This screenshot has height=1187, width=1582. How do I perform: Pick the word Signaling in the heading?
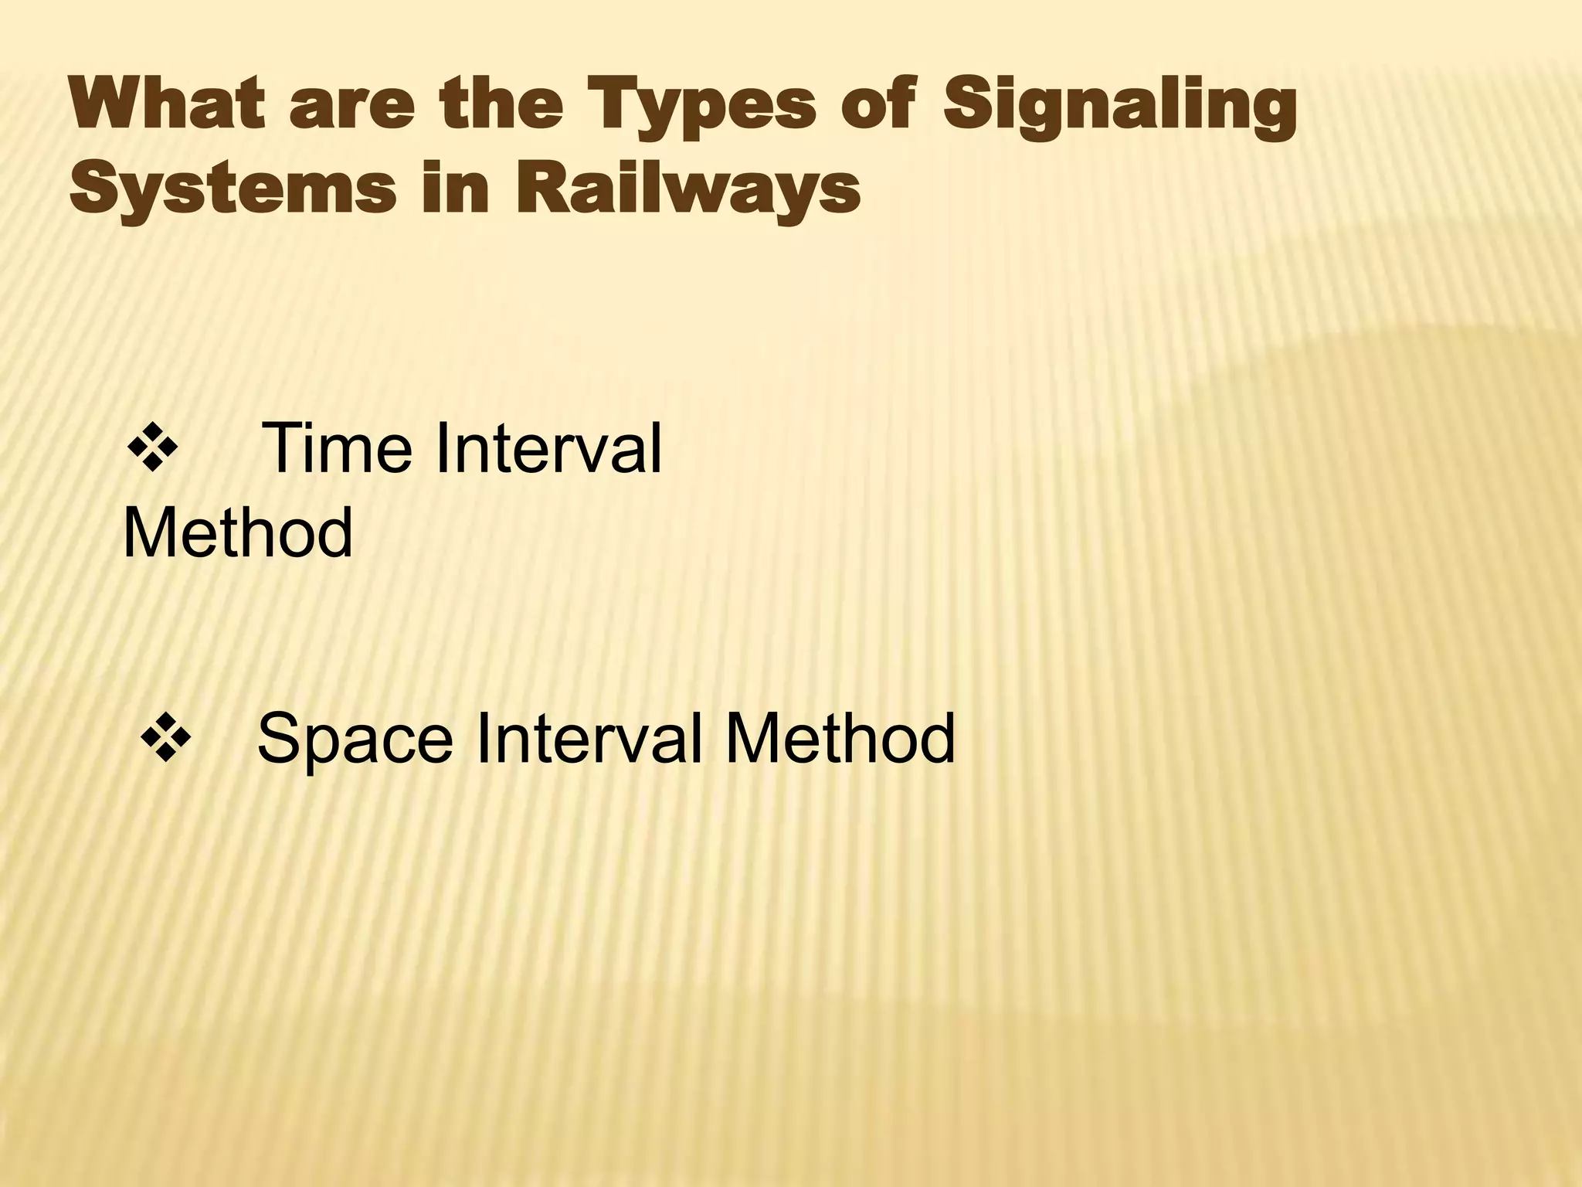(1119, 108)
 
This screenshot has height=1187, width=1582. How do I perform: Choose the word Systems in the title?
(231, 189)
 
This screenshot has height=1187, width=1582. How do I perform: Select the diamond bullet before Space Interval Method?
(165, 737)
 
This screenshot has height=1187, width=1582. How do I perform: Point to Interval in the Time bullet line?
(548, 448)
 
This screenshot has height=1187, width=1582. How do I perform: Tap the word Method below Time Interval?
(238, 532)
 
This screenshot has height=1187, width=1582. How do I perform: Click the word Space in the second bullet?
(355, 738)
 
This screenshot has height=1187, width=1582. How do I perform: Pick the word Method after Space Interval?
(840, 738)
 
